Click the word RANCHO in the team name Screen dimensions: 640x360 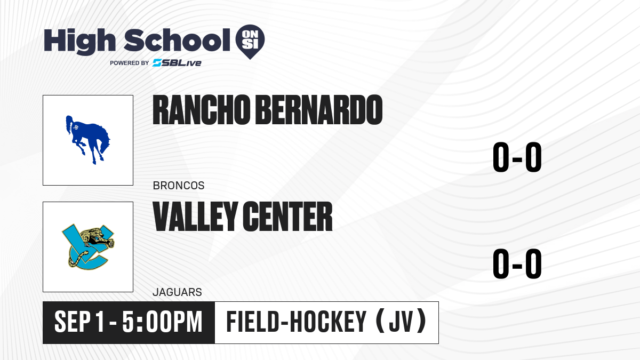click(x=202, y=110)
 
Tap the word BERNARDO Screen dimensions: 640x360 click(x=319, y=110)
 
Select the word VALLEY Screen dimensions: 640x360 click(x=195, y=217)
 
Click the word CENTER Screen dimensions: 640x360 click(x=288, y=217)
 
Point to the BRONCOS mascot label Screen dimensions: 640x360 click(x=179, y=186)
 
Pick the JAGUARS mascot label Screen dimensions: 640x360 click(x=178, y=292)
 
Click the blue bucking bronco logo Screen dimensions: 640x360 click(x=87, y=140)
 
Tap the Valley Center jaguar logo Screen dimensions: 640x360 click(x=88, y=247)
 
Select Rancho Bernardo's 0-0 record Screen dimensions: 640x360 click(x=517, y=157)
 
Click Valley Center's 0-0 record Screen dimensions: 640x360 click(x=517, y=263)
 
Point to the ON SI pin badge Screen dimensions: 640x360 click(x=250, y=42)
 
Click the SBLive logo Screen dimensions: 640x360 click(x=177, y=63)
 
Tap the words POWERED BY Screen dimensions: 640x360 click(x=130, y=63)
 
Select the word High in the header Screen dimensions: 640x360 click(x=80, y=42)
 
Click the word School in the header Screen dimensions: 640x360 click(x=177, y=40)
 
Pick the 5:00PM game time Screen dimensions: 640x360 click(x=162, y=322)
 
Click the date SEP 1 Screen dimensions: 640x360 click(x=79, y=322)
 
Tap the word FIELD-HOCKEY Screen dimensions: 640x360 click(x=297, y=322)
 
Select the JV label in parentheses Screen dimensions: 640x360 click(x=401, y=322)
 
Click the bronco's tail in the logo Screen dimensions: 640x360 click(x=69, y=125)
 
